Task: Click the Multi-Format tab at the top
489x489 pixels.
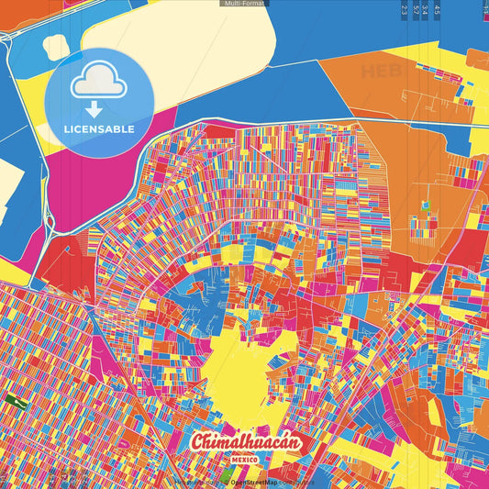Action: tap(244, 4)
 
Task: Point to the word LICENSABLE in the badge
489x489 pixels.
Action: tap(99, 129)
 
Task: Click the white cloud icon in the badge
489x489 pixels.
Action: tap(99, 83)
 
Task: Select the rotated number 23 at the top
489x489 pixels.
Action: tap(405, 10)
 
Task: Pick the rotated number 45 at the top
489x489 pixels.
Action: tap(437, 10)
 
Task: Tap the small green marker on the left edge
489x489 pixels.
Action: tap(14, 401)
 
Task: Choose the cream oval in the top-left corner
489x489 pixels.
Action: tap(57, 46)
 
